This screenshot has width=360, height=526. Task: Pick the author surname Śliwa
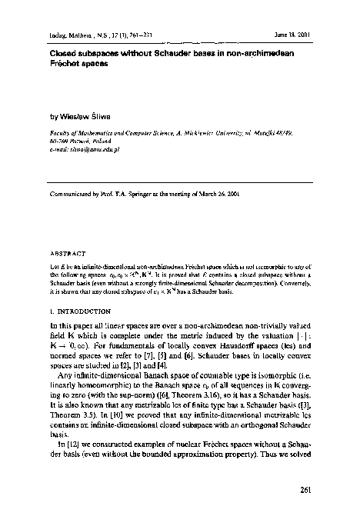pos(97,118)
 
